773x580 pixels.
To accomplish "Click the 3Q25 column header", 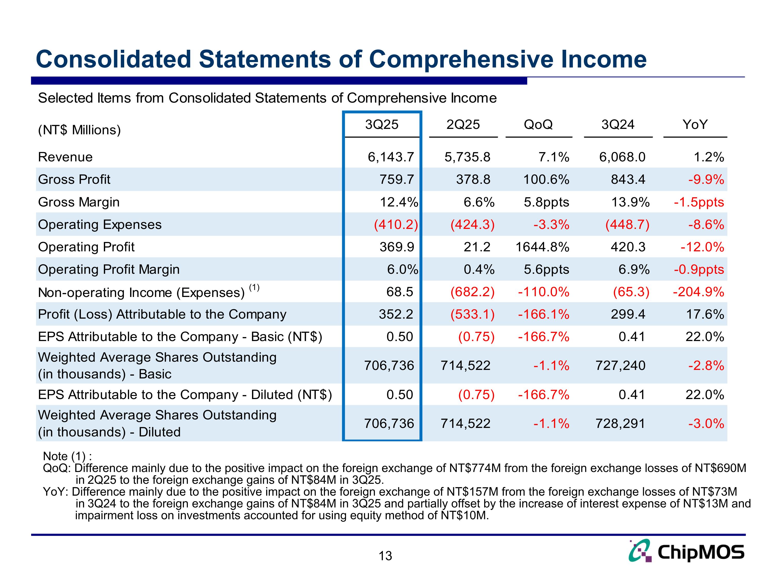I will [382, 125].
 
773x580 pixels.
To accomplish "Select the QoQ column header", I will [538, 125].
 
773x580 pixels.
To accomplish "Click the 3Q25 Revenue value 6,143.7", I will [391, 157].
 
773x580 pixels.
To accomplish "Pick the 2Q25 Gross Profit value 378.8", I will [473, 179].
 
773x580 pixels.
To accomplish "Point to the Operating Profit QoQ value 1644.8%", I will [542, 247].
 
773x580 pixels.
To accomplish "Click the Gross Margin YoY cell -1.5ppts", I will [699, 202].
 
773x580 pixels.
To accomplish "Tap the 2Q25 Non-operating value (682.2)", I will [473, 292].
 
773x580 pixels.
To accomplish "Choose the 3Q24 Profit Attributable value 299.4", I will [628, 314].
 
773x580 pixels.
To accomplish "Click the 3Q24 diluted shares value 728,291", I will [620, 423].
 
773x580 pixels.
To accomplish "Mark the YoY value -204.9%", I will [699, 292].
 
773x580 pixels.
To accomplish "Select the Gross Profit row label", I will [74, 179].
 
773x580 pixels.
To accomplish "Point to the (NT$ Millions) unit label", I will [79, 130].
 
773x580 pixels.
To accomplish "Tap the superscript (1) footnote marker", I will [254, 287].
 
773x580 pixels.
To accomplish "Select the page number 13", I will [385, 556].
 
